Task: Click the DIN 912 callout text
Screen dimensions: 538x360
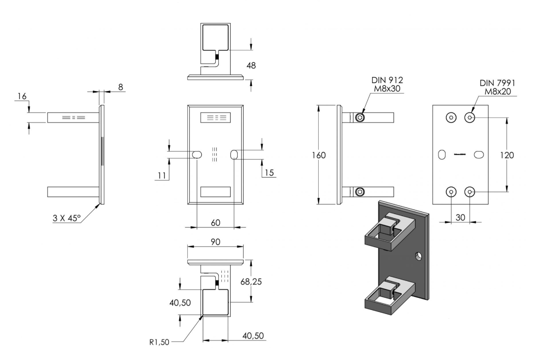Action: pos(387,84)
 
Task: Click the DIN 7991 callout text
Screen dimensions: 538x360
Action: pos(497,87)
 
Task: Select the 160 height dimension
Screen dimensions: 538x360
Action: pos(319,155)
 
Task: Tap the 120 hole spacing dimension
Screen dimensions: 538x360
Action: pos(507,155)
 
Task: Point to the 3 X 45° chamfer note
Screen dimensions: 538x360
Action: pos(66,218)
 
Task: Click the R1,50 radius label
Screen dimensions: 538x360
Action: pos(159,342)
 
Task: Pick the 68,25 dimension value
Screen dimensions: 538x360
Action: pos(251,281)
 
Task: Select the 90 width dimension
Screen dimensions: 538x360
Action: pos(215,242)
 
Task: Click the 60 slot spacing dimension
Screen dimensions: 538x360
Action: pos(215,223)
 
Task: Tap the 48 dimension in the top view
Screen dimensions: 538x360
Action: pos(251,65)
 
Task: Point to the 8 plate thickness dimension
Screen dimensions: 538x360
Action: pos(120,87)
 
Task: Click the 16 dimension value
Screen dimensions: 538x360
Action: pos(22,96)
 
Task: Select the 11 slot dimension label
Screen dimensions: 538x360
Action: pos(162,176)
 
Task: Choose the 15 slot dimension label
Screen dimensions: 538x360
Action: pos(270,173)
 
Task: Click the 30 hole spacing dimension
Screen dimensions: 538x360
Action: pos(460,217)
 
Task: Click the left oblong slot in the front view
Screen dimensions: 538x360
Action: pos(197,154)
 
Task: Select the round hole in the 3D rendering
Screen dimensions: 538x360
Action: pos(418,256)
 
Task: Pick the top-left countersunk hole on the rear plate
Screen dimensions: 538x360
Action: pos(451,117)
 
